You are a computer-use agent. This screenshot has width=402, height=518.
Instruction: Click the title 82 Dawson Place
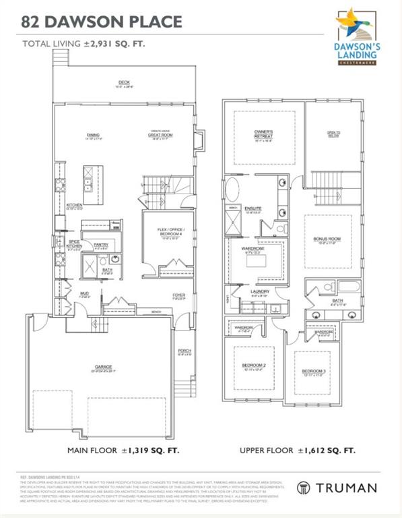[x=102, y=22]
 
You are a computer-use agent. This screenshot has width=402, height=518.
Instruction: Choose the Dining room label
[x=93, y=135]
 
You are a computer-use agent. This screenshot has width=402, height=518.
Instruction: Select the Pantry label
[x=101, y=245]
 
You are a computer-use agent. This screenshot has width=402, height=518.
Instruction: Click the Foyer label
[x=178, y=295]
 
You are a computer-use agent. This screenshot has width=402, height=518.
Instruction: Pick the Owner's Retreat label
[x=263, y=133]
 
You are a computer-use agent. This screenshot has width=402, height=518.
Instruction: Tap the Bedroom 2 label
[x=254, y=366]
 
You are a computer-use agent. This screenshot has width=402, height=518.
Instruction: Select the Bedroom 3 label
[x=313, y=372]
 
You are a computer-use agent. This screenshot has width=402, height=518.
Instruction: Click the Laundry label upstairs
[x=260, y=292]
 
